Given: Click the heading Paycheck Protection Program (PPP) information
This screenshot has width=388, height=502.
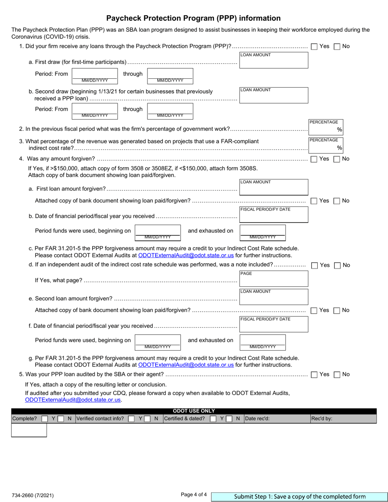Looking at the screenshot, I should (x=194, y=18).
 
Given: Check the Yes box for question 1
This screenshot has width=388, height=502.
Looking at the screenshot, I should (x=314, y=47).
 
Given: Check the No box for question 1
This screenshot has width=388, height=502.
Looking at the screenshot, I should (x=337, y=47).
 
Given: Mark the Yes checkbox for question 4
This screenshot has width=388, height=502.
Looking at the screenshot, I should (x=314, y=159).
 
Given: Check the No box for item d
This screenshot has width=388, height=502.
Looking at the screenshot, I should (x=337, y=265).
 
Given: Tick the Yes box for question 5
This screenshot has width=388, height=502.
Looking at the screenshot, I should (x=314, y=375).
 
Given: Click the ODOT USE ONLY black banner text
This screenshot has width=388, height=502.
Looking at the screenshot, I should (x=194, y=411).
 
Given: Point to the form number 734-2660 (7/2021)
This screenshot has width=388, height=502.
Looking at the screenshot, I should (x=33, y=496).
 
